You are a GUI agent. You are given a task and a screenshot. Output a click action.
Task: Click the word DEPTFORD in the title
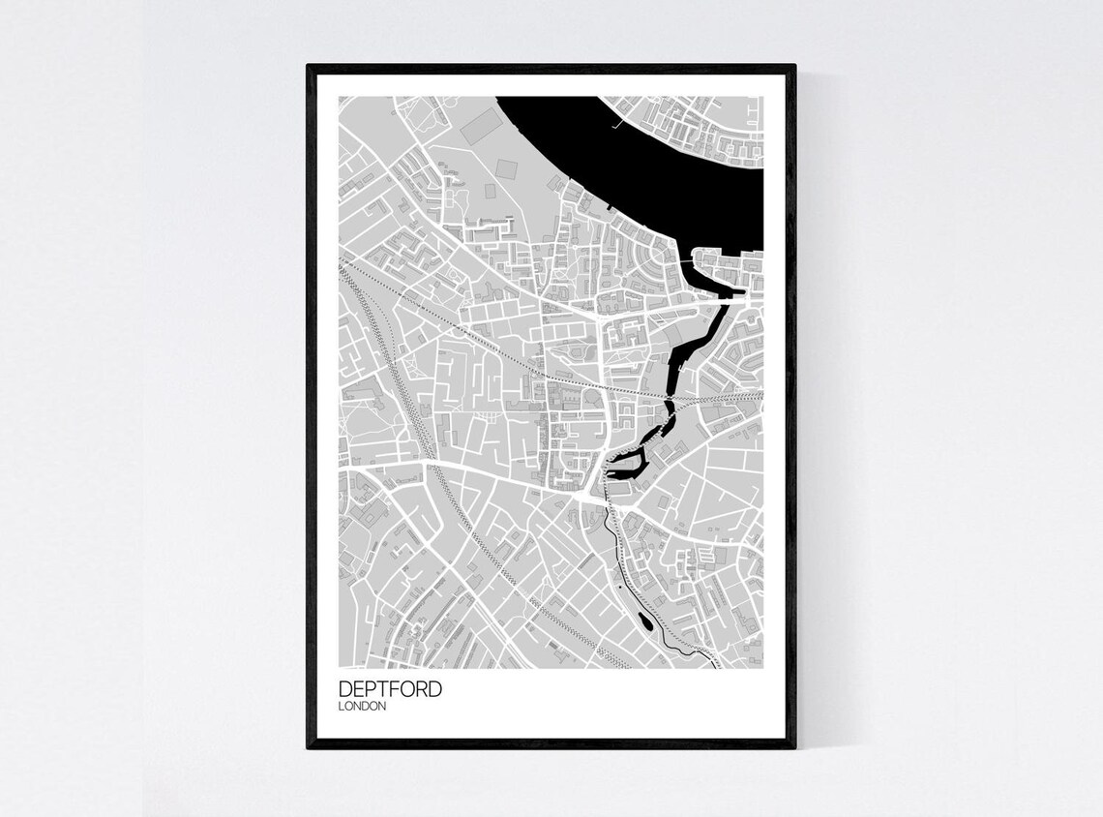click(391, 689)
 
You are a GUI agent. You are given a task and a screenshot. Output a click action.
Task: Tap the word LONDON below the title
click(363, 707)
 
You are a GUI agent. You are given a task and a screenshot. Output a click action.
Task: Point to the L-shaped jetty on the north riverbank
click(616, 123)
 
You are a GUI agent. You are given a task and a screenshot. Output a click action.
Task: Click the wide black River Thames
click(677, 155)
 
